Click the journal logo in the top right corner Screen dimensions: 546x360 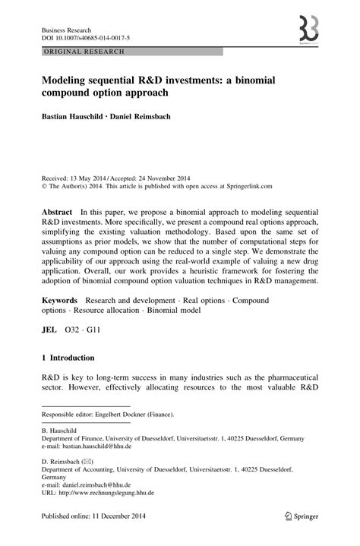click(308, 28)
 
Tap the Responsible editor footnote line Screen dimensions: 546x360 click(107, 415)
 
